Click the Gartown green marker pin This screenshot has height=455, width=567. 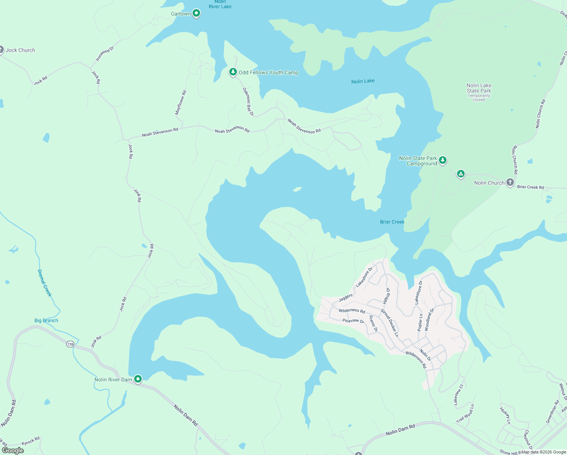coord(196,13)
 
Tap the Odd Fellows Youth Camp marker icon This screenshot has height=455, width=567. coord(233,72)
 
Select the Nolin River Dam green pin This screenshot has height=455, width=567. coord(138,379)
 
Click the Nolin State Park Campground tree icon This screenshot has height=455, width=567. coord(442,160)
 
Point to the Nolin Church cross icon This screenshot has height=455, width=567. coord(510,182)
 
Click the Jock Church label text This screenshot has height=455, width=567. coord(20,50)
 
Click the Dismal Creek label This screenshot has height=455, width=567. coord(44,283)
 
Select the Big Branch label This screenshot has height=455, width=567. coord(46,320)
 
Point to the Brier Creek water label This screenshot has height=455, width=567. coord(392,222)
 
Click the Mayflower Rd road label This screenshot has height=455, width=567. coord(180,103)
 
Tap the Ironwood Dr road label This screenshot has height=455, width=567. coord(105,54)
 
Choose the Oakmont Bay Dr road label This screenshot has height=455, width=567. coord(248,102)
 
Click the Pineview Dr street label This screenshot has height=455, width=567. coord(353,321)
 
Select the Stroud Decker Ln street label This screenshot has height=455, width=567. coord(389,323)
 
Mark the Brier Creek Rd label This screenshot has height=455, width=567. coord(530,187)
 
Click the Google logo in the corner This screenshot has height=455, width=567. coord(13,450)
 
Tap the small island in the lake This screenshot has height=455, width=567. coord(297,189)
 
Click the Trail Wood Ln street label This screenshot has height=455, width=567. coord(465,414)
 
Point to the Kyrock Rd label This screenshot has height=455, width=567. coord(31,441)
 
